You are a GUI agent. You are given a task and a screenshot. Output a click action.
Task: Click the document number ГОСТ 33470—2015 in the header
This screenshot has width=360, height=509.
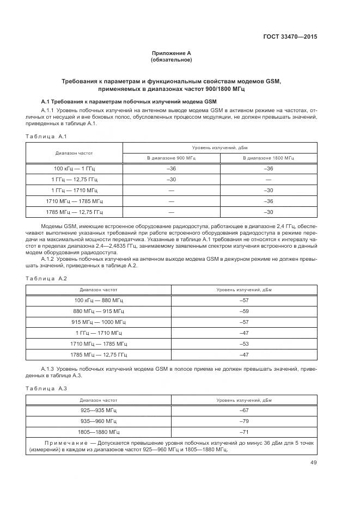(289, 37)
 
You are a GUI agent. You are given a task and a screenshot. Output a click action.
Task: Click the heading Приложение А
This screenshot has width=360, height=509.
(171, 53)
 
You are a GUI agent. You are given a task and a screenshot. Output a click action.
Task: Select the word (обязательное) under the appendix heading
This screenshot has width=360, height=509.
(171, 60)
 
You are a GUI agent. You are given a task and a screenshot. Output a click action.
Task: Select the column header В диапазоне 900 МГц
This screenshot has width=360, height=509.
(171, 158)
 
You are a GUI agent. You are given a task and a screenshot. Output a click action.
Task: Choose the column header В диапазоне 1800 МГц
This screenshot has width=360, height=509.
(268, 158)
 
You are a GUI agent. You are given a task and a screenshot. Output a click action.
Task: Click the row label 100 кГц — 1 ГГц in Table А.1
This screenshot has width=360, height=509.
(74, 169)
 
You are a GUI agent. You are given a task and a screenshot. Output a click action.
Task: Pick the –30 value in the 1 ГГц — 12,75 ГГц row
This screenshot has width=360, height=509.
(171, 180)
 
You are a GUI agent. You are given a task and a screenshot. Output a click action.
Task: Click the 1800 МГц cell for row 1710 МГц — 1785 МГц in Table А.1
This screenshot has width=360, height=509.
(268, 201)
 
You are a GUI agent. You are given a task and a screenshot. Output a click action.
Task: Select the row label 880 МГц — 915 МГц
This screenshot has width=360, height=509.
(99, 311)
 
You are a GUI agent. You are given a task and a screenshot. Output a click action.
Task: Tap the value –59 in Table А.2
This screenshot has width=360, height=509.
(244, 311)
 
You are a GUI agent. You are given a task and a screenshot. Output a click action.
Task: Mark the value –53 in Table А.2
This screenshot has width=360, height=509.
(244, 344)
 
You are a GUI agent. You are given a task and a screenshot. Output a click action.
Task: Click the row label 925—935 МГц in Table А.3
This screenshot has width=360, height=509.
(99, 410)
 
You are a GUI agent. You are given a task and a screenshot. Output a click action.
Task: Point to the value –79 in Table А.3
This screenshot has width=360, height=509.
(244, 421)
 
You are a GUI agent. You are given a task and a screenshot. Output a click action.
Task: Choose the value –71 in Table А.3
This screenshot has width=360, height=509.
(244, 432)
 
